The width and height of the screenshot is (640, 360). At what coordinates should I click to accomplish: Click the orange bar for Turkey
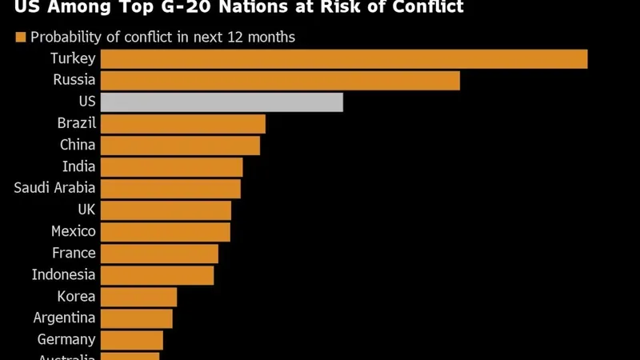(x=344, y=59)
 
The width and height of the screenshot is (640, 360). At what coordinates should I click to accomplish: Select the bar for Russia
(x=280, y=81)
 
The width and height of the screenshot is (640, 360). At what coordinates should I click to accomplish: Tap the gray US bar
(x=222, y=102)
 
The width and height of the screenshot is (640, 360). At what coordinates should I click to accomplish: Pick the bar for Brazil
(x=183, y=124)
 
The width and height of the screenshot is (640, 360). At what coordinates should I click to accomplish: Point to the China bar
(x=180, y=146)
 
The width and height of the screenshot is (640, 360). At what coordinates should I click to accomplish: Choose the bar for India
(x=171, y=167)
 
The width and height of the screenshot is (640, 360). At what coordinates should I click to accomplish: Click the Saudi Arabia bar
(x=170, y=189)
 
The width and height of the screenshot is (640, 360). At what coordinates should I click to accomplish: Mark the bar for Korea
(x=138, y=297)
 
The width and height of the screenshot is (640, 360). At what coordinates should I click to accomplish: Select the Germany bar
(x=132, y=340)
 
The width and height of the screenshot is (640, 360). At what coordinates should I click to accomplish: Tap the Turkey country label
(x=73, y=58)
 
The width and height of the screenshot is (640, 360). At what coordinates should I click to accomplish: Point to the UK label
(x=86, y=210)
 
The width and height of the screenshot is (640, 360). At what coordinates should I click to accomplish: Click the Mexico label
(x=74, y=231)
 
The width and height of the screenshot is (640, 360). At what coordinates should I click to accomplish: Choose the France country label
(x=74, y=253)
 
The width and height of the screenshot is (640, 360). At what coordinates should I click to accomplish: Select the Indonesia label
(x=64, y=274)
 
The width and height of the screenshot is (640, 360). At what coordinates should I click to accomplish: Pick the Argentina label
(x=65, y=318)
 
